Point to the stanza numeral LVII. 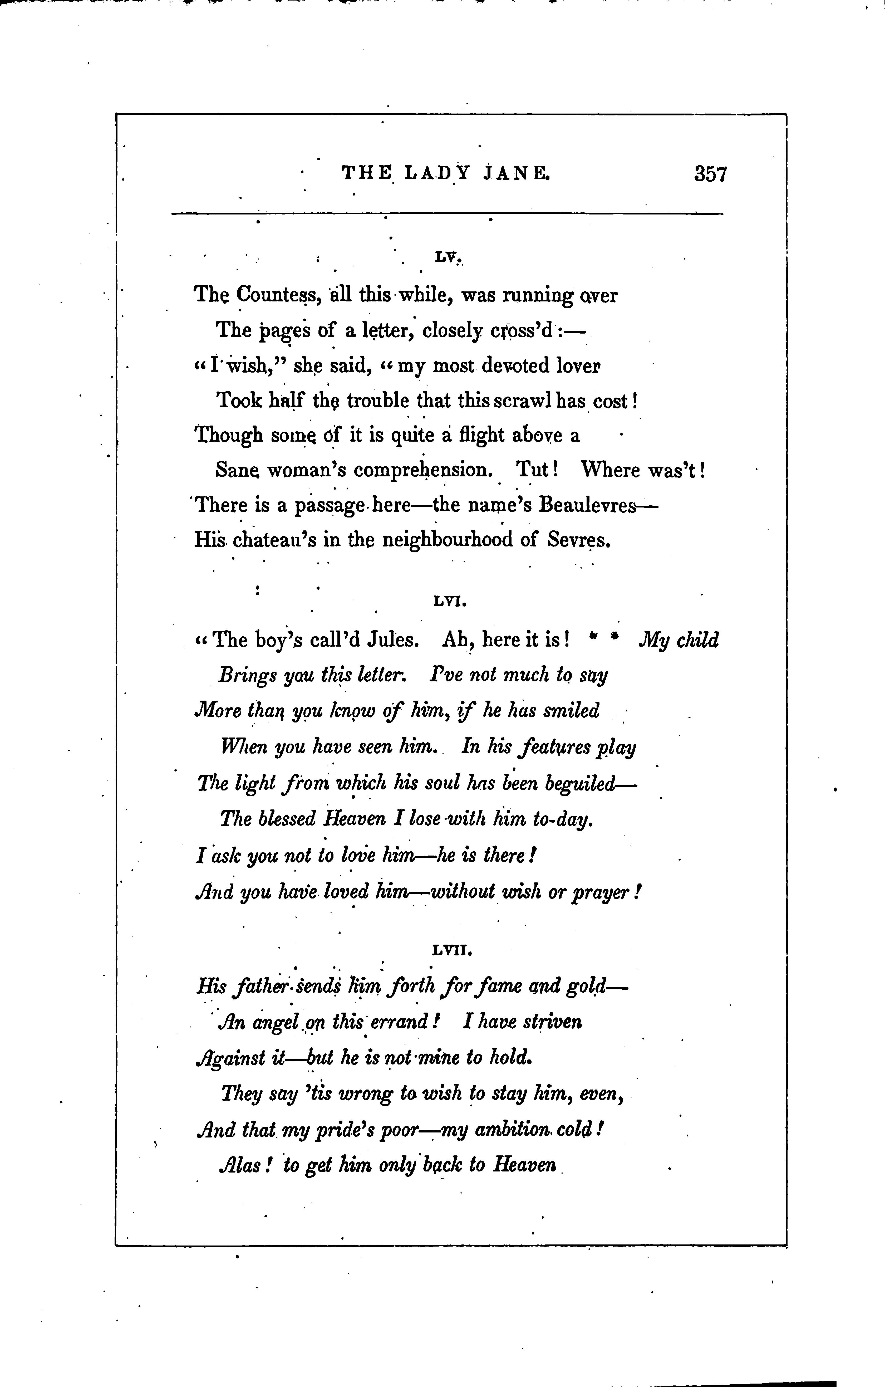pyautogui.click(x=452, y=951)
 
